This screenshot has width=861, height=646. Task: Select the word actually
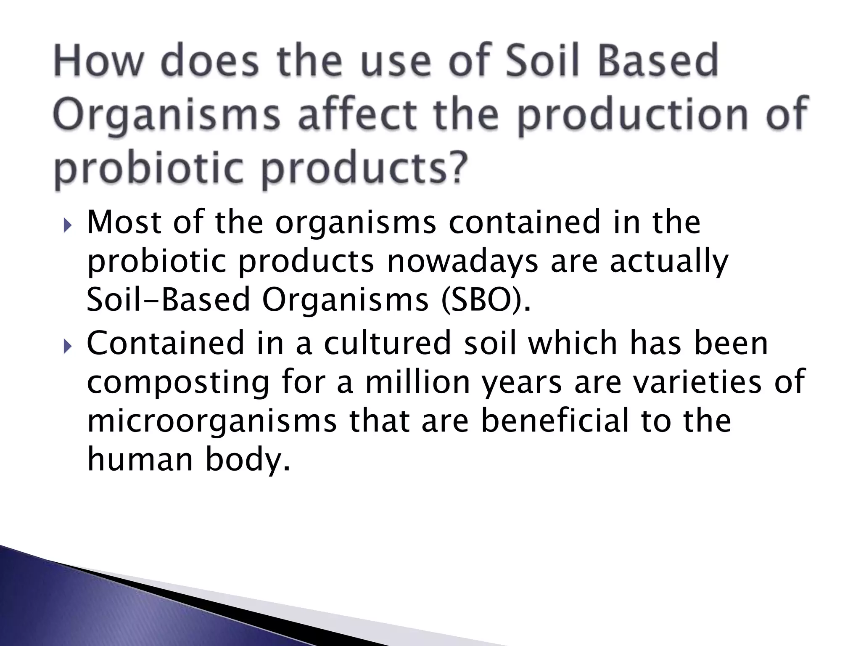point(668,262)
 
